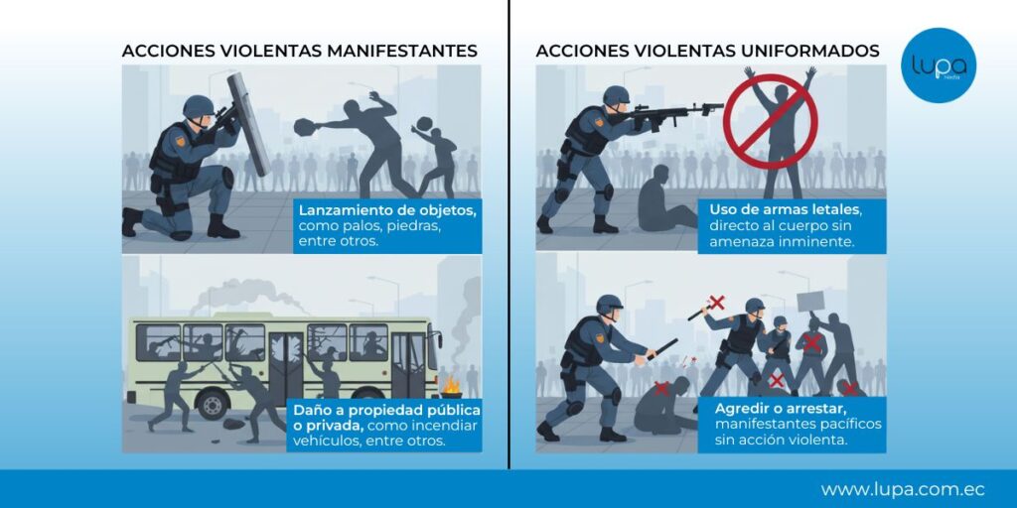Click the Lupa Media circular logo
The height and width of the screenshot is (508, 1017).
pyautogui.click(x=939, y=64)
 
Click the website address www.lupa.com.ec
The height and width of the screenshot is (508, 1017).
pyautogui.click(x=903, y=489)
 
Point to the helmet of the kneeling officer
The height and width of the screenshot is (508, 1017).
pyautogui.click(x=198, y=107)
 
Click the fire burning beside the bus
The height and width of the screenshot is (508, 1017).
pyautogui.click(x=451, y=386)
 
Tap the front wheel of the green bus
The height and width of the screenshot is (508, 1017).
pyautogui.click(x=213, y=404)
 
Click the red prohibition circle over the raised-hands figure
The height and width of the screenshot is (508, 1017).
pyautogui.click(x=771, y=120)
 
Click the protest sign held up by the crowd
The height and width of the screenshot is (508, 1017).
pyautogui.click(x=810, y=302)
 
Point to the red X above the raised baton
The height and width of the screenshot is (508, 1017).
pyautogui.click(x=716, y=302)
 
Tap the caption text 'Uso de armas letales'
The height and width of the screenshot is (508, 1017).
pyautogui.click(x=785, y=210)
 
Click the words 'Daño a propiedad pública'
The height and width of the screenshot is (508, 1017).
pyautogui.click(x=386, y=410)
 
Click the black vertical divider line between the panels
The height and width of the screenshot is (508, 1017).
pyautogui.click(x=509, y=234)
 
